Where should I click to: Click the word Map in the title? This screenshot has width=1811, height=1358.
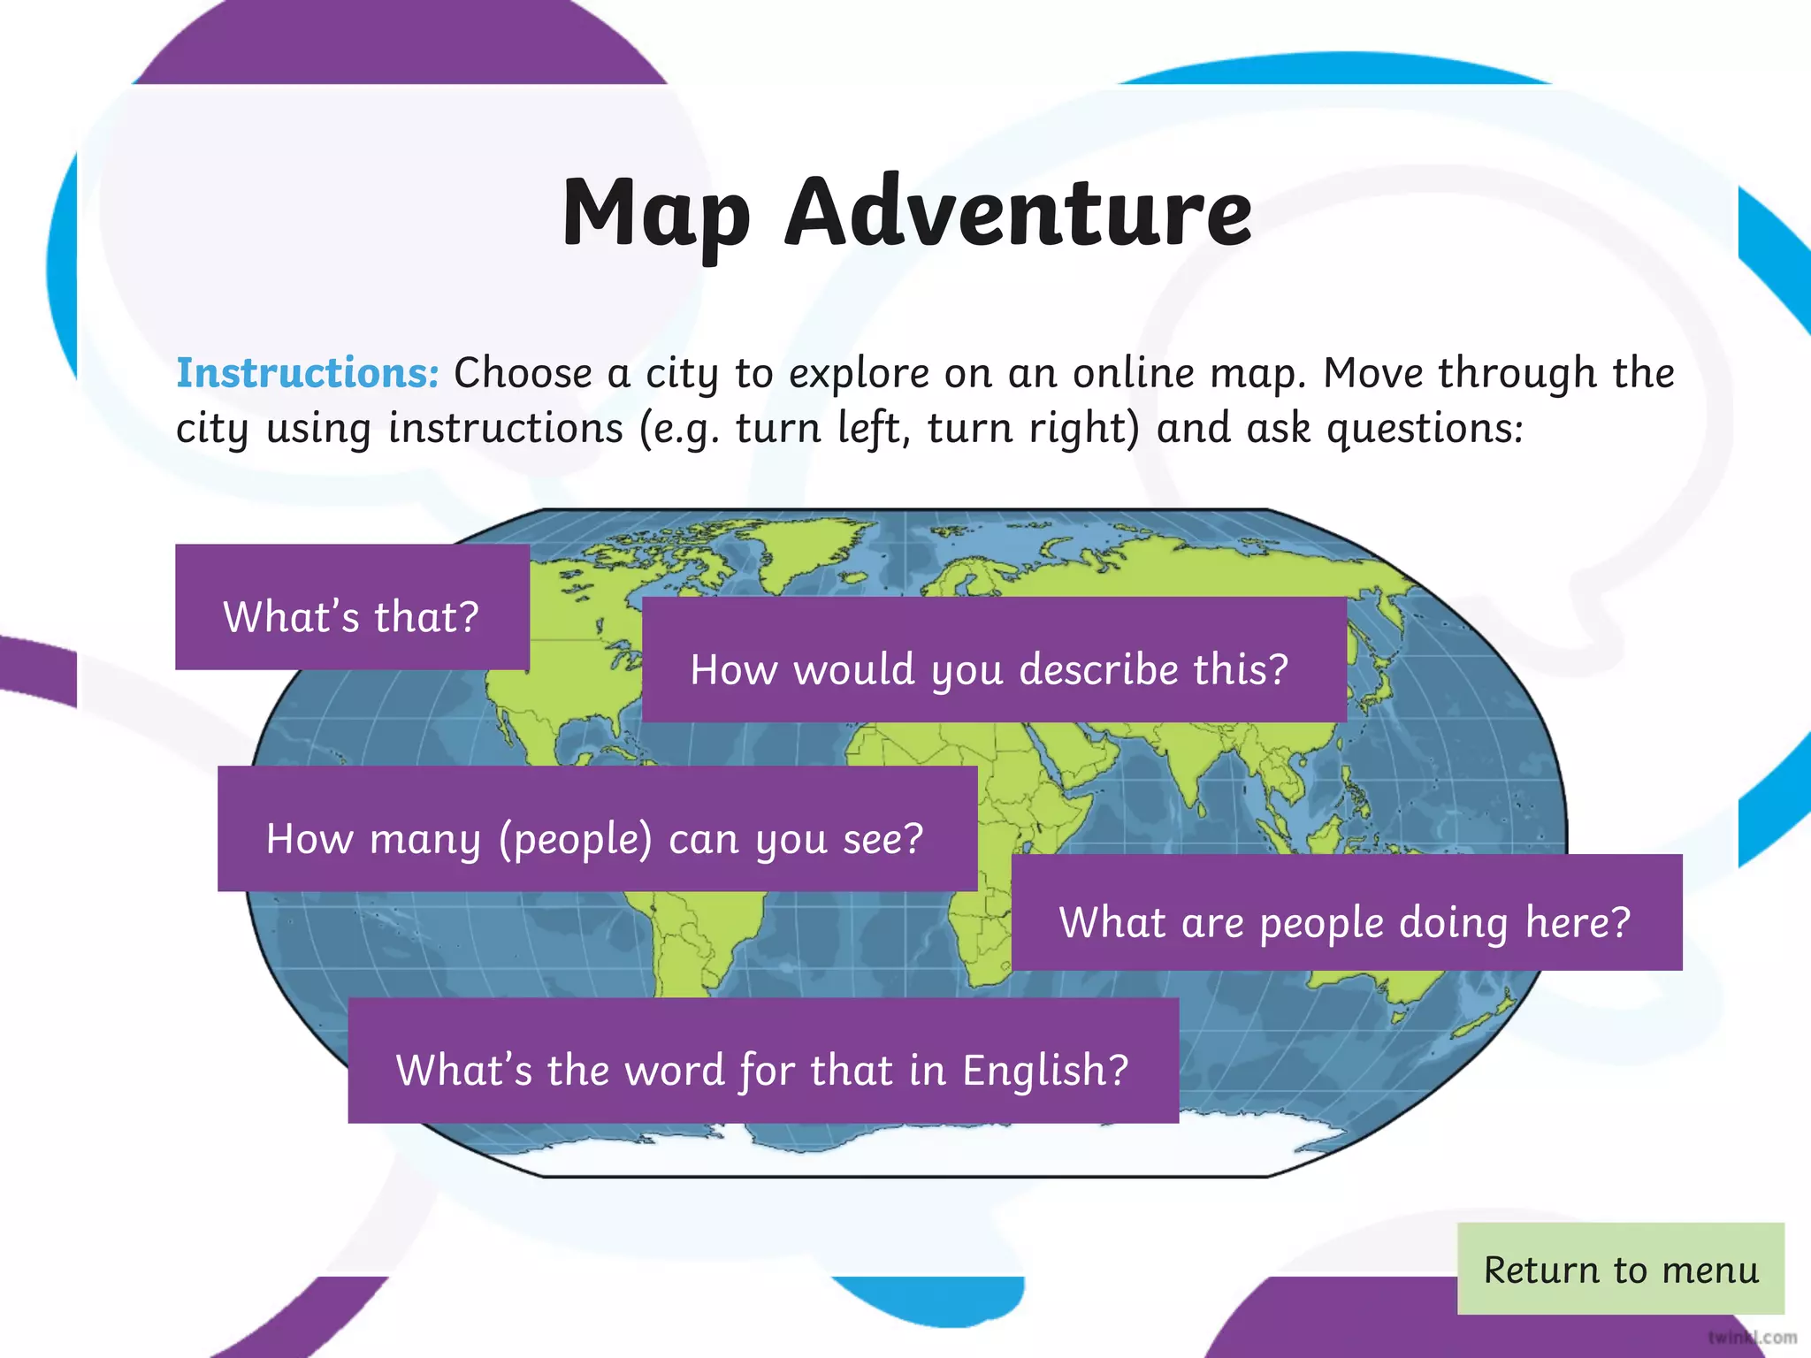tap(656, 212)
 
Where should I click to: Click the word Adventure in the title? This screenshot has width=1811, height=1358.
tap(1019, 212)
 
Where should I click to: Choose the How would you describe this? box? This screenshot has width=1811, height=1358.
tap(993, 660)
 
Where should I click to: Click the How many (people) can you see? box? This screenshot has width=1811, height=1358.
tap(597, 828)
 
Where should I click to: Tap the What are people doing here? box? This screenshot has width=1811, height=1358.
tap(1346, 912)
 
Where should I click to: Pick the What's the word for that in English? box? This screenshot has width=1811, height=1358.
tap(762, 1061)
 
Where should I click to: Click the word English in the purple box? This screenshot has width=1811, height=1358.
tap(1043, 1070)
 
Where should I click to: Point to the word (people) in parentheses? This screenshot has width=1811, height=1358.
tap(575, 839)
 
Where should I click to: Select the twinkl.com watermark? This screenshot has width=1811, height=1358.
tap(1752, 1338)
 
